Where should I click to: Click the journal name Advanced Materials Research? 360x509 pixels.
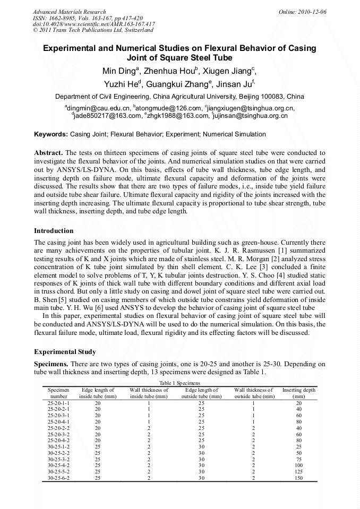point(69,12)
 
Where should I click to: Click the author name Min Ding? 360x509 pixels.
point(119,71)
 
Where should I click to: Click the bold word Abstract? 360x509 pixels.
point(48,153)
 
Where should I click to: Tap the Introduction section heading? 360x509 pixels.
point(54,231)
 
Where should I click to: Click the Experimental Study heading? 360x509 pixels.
point(65,352)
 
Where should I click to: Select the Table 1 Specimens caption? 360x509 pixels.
point(179,383)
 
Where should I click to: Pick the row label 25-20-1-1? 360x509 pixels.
point(58,403)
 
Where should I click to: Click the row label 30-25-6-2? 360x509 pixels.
point(58,478)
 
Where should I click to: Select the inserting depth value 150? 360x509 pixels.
point(298,478)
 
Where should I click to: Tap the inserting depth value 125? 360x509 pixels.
point(298,471)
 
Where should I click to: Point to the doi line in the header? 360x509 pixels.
point(94,24)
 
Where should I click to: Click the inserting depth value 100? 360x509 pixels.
point(298,465)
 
